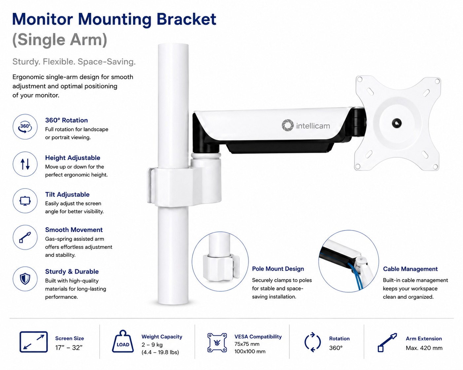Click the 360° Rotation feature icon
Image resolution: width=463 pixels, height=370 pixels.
(x=25, y=127)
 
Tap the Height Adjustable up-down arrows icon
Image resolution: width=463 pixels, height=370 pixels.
(x=25, y=164)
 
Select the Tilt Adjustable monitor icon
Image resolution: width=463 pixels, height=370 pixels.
(x=25, y=201)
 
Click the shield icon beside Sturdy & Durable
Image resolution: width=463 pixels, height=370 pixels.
(x=25, y=279)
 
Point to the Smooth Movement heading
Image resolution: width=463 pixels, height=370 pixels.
(x=74, y=230)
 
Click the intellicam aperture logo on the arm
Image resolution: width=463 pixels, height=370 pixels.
(x=287, y=125)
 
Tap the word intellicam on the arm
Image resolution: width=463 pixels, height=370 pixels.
(x=313, y=126)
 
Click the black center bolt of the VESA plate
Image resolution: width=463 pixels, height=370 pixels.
(x=396, y=123)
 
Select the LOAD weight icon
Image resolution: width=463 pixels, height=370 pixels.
(x=123, y=341)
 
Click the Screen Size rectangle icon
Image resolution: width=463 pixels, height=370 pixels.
(x=34, y=342)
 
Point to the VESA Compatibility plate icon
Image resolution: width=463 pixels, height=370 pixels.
(x=217, y=343)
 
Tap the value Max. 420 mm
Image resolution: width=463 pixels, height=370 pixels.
(x=424, y=348)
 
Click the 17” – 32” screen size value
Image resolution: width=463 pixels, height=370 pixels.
(x=69, y=348)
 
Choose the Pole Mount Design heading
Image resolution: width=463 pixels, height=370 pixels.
(x=278, y=269)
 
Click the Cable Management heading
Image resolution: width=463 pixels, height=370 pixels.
(x=410, y=269)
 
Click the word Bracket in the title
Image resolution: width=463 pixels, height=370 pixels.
(x=186, y=19)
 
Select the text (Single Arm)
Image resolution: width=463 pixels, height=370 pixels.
(x=59, y=40)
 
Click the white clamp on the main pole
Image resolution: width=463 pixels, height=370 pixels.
(x=184, y=186)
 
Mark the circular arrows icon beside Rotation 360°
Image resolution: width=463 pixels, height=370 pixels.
(x=313, y=342)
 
